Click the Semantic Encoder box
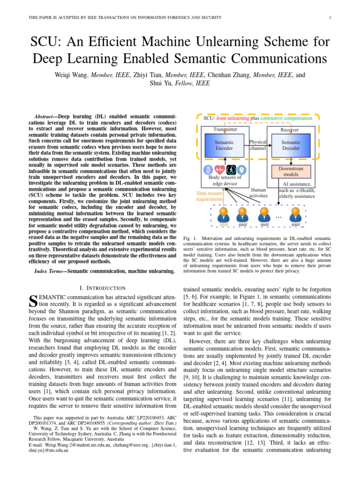coord(224,145)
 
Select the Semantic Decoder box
coord(291,145)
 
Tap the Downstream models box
coord(291,171)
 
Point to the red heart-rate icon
coord(219,170)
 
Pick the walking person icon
coord(231,170)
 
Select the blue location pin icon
coord(241,170)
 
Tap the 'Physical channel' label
coord(258,145)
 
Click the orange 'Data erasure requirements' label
coord(209,196)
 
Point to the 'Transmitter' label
coord(225,129)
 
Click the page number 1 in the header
coord(330,18)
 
